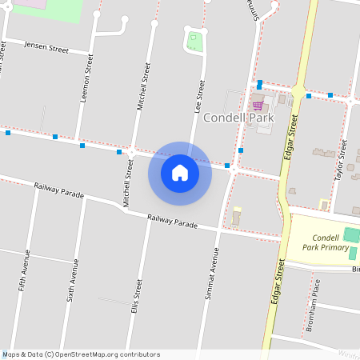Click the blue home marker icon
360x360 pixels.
click(180, 173)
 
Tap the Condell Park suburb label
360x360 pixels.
click(238, 118)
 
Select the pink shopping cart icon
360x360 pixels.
click(258, 105)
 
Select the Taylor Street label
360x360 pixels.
click(343, 159)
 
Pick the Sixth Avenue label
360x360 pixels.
click(74, 279)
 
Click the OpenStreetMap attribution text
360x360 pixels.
click(81, 354)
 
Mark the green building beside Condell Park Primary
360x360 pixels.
click(350, 235)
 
